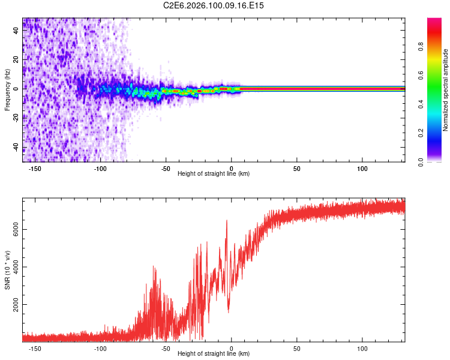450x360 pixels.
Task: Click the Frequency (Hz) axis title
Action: coord(7,90)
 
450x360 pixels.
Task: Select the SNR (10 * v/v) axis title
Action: coord(7,270)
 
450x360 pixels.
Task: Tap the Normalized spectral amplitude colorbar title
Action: coord(445,90)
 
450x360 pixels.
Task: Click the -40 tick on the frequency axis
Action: coord(16,148)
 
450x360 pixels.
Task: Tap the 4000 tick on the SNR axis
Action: coord(16,266)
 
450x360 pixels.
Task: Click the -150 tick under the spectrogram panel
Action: coord(35,169)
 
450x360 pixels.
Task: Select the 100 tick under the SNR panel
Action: coord(362,349)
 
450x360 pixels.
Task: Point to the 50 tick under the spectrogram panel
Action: coord(297,169)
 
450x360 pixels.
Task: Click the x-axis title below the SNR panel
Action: coord(214,355)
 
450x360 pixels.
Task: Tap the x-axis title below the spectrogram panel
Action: coord(214,174)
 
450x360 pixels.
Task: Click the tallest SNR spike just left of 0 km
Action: coord(227,221)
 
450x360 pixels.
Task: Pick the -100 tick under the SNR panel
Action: coord(101,349)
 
